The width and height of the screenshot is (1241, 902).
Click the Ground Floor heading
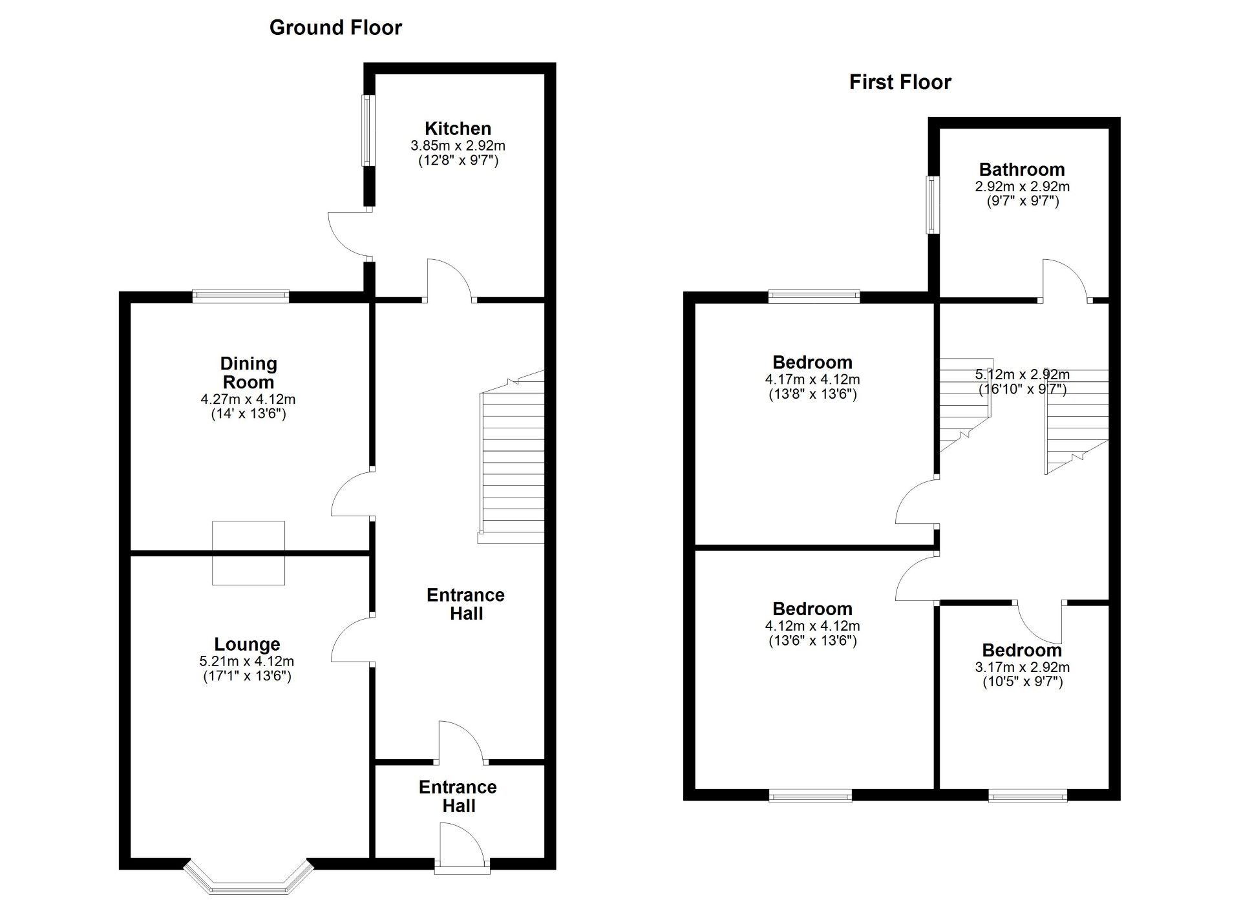(x=335, y=28)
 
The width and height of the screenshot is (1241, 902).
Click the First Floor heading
(x=900, y=83)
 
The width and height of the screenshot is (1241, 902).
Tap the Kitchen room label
(x=458, y=129)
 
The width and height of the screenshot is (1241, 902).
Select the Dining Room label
(x=249, y=373)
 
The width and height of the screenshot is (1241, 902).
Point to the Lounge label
(x=247, y=644)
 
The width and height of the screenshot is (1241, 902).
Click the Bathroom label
(x=1022, y=170)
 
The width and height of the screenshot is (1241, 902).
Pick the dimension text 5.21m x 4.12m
(x=247, y=662)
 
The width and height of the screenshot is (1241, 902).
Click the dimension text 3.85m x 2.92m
(x=458, y=146)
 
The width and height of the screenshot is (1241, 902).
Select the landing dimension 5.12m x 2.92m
(x=1022, y=374)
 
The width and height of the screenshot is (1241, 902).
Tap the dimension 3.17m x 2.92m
(x=1022, y=667)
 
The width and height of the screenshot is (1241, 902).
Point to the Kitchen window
(x=368, y=131)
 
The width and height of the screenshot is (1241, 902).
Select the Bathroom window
(x=932, y=205)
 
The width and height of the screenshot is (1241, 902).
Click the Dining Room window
(x=240, y=297)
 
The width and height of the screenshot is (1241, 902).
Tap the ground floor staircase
(x=511, y=457)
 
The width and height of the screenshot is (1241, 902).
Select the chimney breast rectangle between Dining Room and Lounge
(x=248, y=553)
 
